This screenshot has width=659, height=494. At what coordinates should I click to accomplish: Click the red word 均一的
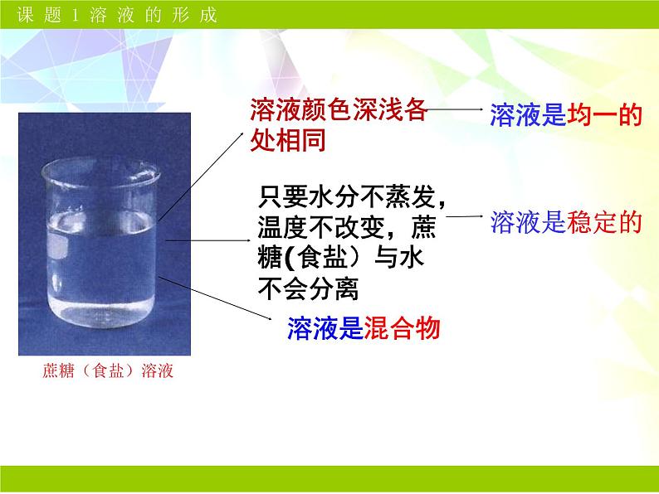tap(604, 115)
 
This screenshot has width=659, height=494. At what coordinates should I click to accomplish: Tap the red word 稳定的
tap(604, 222)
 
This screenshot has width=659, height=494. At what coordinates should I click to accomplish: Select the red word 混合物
tap(402, 327)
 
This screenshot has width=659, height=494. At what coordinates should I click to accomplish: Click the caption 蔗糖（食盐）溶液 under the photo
tap(108, 371)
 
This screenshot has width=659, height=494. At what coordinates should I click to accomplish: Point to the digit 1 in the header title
tap(76, 16)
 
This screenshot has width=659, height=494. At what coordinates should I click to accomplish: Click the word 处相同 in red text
tap(288, 140)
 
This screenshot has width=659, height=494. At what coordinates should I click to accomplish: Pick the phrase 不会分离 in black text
tap(308, 288)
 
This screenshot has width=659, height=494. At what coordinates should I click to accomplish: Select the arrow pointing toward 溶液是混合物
tap(215, 298)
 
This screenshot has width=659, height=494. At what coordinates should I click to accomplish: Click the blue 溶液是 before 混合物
tap(325, 327)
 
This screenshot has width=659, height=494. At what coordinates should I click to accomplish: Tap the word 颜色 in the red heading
tap(326, 109)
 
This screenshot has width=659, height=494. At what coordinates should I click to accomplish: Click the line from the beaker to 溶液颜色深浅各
tap(201, 177)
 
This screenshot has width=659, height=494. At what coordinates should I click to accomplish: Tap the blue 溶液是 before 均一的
tap(529, 115)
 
